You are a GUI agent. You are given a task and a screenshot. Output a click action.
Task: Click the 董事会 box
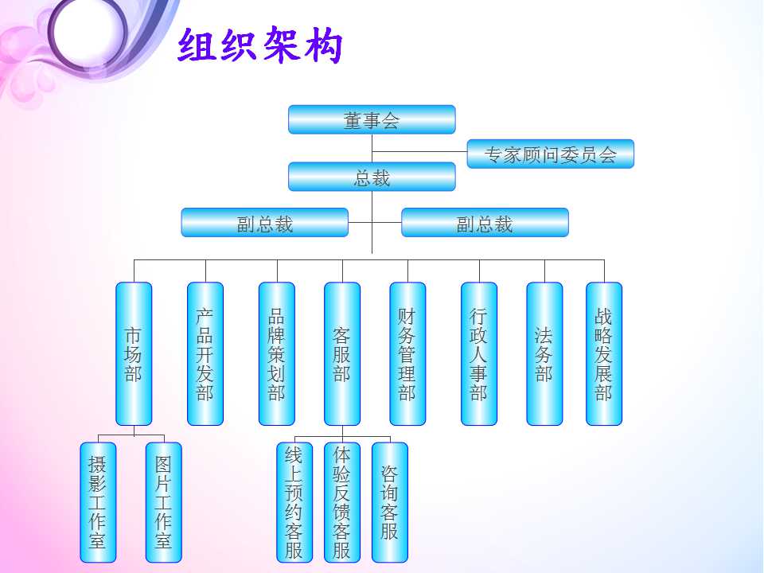pos(372,119)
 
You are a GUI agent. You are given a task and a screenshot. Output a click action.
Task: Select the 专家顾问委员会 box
pos(551,154)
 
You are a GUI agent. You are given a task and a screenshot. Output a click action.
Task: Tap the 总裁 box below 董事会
pos(372,177)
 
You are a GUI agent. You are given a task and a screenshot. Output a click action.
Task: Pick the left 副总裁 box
pos(264,223)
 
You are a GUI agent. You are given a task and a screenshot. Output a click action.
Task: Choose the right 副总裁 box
pos(485,223)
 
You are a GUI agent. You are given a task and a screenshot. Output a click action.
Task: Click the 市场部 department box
pos(134,353)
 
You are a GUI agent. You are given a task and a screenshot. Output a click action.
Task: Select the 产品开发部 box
pos(205,353)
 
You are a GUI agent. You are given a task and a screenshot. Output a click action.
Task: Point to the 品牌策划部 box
pos(277,353)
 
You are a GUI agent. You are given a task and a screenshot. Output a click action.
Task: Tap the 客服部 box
pos(342,353)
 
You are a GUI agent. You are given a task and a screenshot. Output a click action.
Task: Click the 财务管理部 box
pos(407,353)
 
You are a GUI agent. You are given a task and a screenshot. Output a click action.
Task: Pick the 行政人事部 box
pos(479,353)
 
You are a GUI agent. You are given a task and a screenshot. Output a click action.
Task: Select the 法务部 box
pos(544,353)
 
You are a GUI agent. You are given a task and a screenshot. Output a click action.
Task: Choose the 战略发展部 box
pos(604,353)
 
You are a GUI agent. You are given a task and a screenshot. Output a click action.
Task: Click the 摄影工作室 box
pos(98,502)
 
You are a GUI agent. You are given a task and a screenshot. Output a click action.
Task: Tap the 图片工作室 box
pos(164,502)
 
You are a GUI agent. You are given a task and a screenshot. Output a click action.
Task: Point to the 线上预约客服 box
pos(294,502)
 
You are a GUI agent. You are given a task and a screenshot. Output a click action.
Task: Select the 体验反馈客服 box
pos(342,502)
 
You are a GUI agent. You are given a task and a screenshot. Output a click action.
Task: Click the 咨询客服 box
pos(390,502)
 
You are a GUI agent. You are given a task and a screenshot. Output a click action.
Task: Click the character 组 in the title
pos(197,45)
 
